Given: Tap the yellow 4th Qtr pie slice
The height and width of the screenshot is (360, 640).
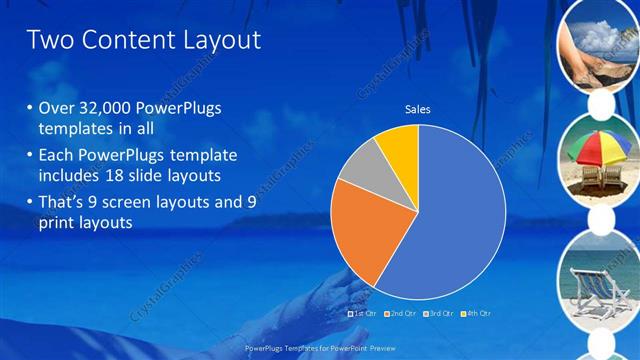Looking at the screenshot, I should point(398,145).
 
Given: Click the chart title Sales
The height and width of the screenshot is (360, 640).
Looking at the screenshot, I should point(417,109).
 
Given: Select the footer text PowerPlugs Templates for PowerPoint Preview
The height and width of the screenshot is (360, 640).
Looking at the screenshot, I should point(319,346).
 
